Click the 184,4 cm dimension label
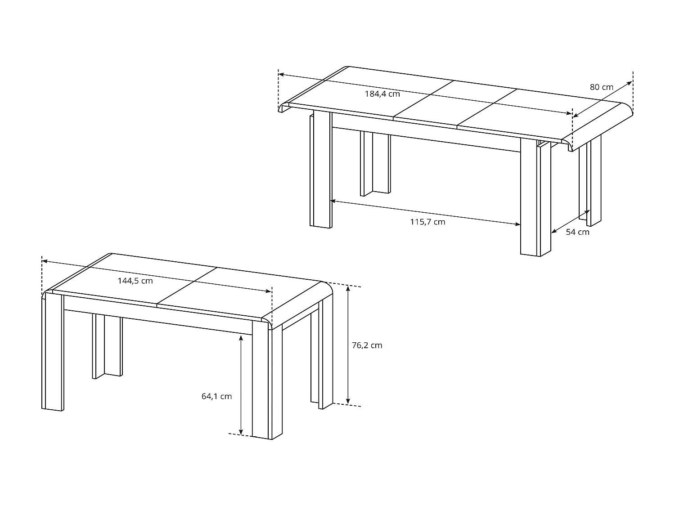click(382, 94)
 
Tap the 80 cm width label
click(602, 87)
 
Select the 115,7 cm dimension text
click(427, 222)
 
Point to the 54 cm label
click(577, 232)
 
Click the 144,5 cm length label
click(135, 281)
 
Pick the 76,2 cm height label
click(367, 345)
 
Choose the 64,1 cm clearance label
click(216, 396)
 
